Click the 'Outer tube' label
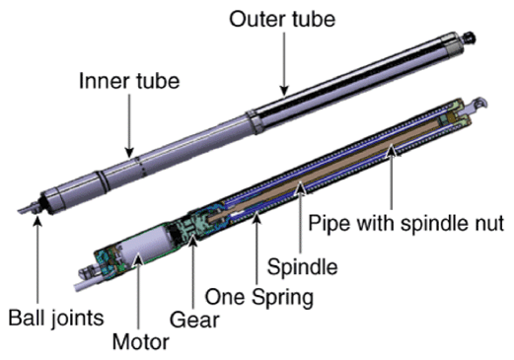[282, 20]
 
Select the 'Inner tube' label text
[129, 81]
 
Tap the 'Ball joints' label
[56, 319]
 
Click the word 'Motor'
[141, 342]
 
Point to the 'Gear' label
[194, 320]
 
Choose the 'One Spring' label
[259, 297]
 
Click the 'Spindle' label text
[302, 266]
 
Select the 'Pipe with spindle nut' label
[405, 223]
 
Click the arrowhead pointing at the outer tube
[284, 91]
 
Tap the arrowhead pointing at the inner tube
[129, 153]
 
